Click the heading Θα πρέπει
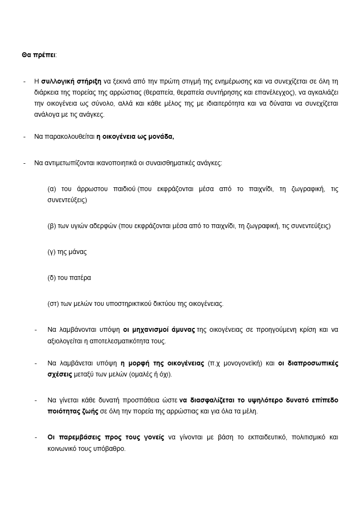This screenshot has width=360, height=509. click(x=38, y=55)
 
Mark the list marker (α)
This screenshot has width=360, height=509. click(x=52, y=189)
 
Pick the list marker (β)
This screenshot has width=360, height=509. click(x=52, y=226)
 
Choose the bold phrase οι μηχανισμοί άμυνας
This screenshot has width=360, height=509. click(x=159, y=330)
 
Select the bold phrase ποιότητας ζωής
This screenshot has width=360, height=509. click(x=70, y=412)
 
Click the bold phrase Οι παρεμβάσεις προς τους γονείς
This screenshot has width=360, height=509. click(x=106, y=437)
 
